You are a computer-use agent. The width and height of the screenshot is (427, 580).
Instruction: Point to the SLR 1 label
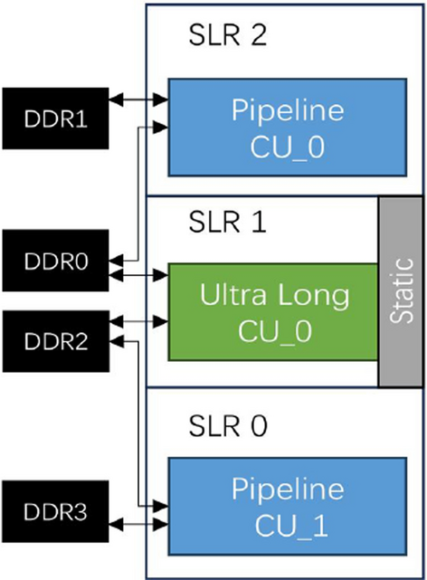click(x=226, y=223)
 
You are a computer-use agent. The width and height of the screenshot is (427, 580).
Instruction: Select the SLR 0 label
click(x=226, y=424)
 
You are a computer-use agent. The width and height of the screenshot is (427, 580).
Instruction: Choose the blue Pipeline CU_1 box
click(x=288, y=507)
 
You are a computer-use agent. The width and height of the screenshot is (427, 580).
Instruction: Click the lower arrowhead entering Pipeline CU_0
click(x=162, y=128)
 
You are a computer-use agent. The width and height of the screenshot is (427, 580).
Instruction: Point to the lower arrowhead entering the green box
click(x=162, y=319)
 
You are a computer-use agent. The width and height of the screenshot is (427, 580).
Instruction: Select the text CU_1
click(x=288, y=525)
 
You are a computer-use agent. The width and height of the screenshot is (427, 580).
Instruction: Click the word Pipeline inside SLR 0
click(x=288, y=490)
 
